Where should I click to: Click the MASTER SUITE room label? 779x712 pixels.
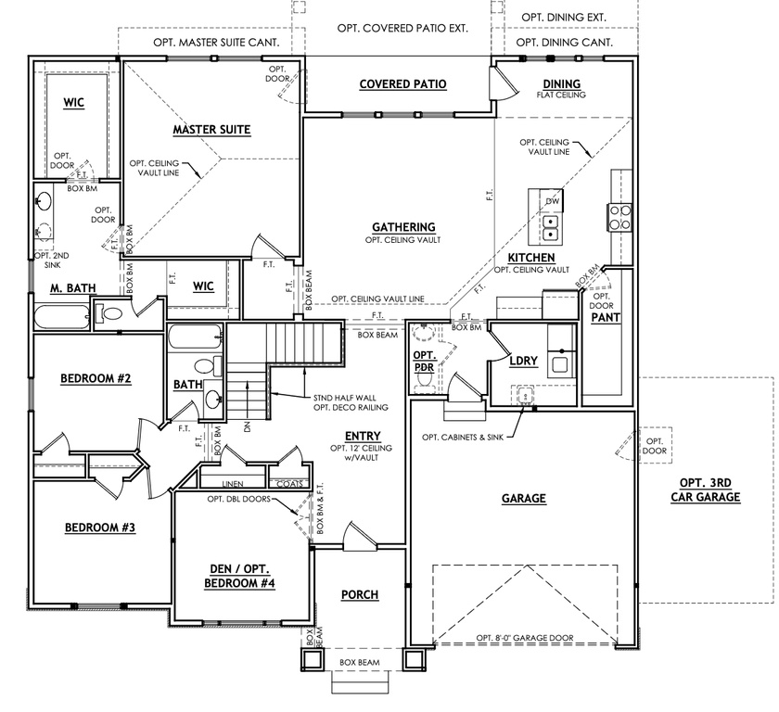(211, 130)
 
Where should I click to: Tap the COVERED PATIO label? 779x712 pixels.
(402, 84)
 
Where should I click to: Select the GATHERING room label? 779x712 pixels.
(403, 227)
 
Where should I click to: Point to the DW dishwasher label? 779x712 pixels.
(552, 201)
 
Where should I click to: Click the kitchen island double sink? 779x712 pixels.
(550, 222)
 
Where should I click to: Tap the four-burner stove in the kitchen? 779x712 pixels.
(619, 216)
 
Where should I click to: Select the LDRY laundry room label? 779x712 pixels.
(524, 361)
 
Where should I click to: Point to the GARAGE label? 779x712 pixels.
(524, 499)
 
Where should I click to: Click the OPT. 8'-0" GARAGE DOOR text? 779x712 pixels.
(525, 638)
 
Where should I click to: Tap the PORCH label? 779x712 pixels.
(360, 594)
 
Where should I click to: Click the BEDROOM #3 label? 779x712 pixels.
(99, 528)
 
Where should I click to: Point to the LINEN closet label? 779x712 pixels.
(234, 484)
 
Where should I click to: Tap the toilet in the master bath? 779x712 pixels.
(110, 315)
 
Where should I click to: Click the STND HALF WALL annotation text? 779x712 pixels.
(350, 398)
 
